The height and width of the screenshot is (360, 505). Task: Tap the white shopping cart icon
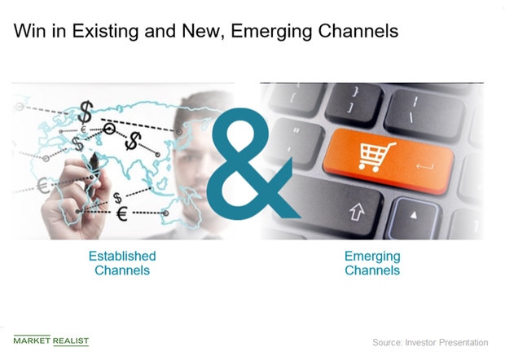pos(378,157)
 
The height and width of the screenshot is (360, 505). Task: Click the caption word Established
pos(122,256)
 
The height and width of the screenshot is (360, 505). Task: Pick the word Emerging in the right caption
pos(372,256)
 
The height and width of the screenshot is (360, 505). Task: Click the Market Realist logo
pos(51,340)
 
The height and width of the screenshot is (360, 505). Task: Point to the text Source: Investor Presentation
pos(430,342)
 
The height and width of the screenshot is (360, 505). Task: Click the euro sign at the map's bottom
pos(121,214)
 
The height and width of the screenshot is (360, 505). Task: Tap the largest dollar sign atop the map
pos(86,110)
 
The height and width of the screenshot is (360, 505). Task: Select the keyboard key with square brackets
pos(353,107)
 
